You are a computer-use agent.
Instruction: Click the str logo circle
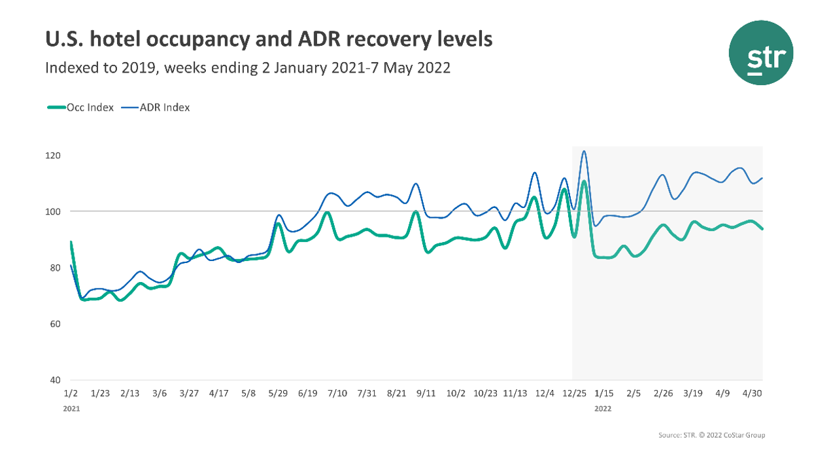pos(761,52)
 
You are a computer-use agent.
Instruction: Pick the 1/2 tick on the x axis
pos(71,393)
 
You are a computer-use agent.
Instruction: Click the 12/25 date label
pos(574,393)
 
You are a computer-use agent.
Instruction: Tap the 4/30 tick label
pos(752,393)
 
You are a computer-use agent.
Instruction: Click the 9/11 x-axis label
pos(426,393)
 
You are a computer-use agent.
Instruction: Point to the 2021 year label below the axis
pos(71,408)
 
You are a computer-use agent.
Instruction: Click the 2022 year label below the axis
pos(603,408)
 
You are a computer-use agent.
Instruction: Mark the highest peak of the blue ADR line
pos(584,151)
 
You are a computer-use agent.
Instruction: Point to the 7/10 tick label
pos(337,393)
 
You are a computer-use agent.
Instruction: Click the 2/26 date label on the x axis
pos(662,393)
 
